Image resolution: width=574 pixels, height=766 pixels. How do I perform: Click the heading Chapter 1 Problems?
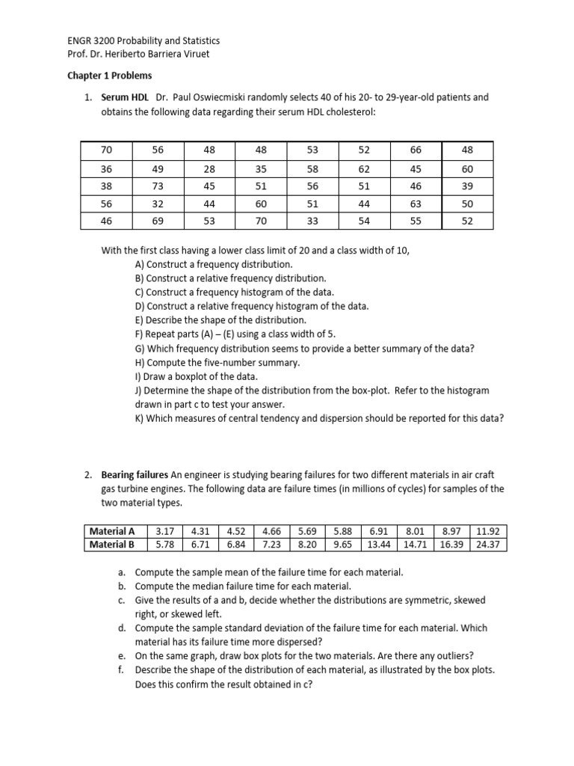pos(109,76)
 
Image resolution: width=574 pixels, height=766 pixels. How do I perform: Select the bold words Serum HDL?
pos(125,97)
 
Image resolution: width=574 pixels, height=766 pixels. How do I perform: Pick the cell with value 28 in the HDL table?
pos(209,169)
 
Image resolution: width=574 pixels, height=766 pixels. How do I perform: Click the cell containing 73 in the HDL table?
pos(157,186)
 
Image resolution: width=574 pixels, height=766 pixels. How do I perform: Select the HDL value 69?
pos(157,221)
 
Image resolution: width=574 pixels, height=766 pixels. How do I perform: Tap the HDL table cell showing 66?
pos(416,150)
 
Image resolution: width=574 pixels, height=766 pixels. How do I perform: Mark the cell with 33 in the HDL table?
pos(312,221)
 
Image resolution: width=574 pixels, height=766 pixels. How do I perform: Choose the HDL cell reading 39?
pos(467,186)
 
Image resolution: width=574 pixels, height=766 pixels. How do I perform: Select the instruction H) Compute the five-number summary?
pos(217,362)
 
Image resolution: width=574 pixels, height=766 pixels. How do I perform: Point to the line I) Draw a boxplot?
pos(196,376)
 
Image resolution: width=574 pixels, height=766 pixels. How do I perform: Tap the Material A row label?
pos(112,532)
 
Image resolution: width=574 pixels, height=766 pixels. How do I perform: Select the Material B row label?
pos(112,545)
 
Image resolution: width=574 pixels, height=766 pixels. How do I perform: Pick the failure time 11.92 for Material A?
pos(489,532)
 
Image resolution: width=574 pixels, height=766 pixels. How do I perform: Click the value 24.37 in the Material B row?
pos(489,545)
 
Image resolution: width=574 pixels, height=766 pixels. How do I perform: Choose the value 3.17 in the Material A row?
pos(164,532)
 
